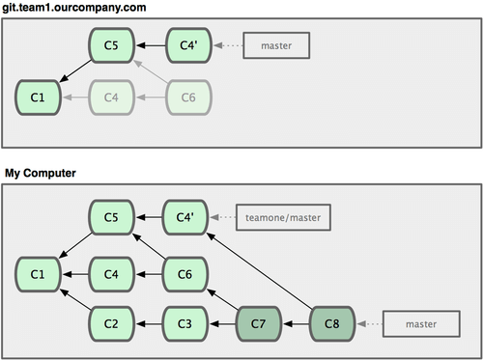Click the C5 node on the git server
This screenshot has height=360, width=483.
[x=113, y=44]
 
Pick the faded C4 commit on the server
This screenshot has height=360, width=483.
[x=113, y=97]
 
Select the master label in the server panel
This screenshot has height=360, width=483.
[x=281, y=44]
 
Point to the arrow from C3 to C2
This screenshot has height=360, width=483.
[x=150, y=323]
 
